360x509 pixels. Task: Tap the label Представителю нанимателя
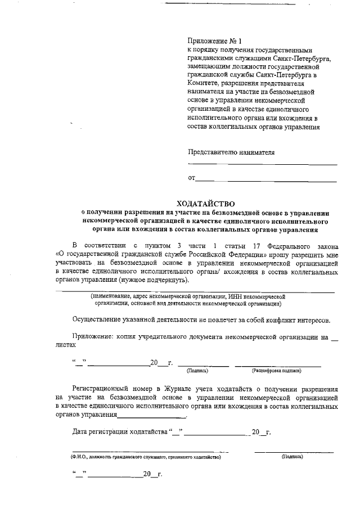tap(231, 152)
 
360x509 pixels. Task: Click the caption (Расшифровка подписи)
tap(276, 371)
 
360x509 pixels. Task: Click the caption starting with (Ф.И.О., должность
tap(146, 457)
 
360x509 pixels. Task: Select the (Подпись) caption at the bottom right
tap(292, 457)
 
